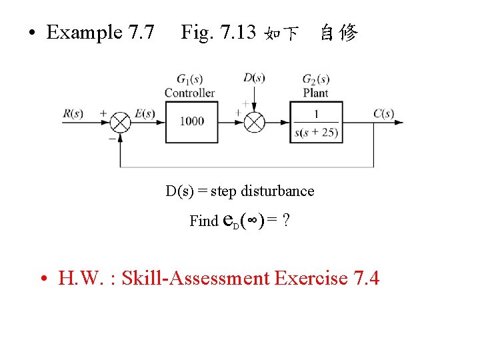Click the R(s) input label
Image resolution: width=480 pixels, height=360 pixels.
(x=73, y=113)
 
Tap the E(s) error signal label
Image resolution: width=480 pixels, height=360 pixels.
(x=145, y=113)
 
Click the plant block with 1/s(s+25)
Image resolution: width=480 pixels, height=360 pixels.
(x=316, y=122)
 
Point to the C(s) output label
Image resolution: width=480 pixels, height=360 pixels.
(x=383, y=113)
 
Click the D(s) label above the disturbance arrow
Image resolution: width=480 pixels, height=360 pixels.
(x=254, y=78)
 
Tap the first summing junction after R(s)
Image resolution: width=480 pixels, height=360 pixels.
(x=120, y=123)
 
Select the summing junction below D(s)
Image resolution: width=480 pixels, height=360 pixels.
(x=254, y=123)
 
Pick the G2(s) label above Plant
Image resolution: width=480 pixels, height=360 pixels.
(x=316, y=79)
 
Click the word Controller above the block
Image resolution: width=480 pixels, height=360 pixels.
(x=190, y=93)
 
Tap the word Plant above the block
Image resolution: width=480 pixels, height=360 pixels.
(x=316, y=93)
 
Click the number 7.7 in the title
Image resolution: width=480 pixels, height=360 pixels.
(x=139, y=32)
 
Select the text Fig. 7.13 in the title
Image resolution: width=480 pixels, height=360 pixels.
(x=218, y=32)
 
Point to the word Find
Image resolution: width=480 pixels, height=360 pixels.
(x=203, y=221)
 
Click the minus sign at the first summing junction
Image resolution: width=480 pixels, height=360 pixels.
(x=111, y=139)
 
